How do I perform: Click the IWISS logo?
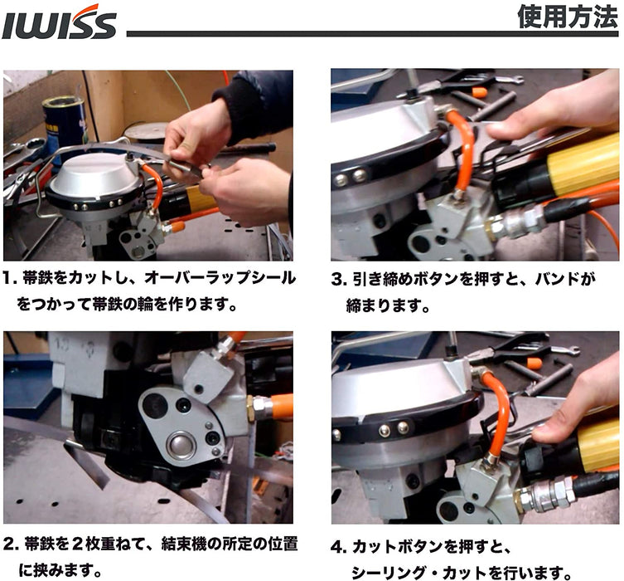pos(59,22)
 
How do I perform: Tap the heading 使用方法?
pos(568,17)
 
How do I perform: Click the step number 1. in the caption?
pos(10,278)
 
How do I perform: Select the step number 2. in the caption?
pos(11,544)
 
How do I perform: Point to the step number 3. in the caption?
pos(339,280)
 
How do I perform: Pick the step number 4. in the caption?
pos(339,547)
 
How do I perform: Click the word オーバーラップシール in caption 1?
pos(220,278)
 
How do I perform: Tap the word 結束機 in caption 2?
pos(184,544)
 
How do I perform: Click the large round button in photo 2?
pos(181,445)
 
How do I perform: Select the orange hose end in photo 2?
pos(282,407)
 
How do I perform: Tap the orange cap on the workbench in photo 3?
pos(479,93)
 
